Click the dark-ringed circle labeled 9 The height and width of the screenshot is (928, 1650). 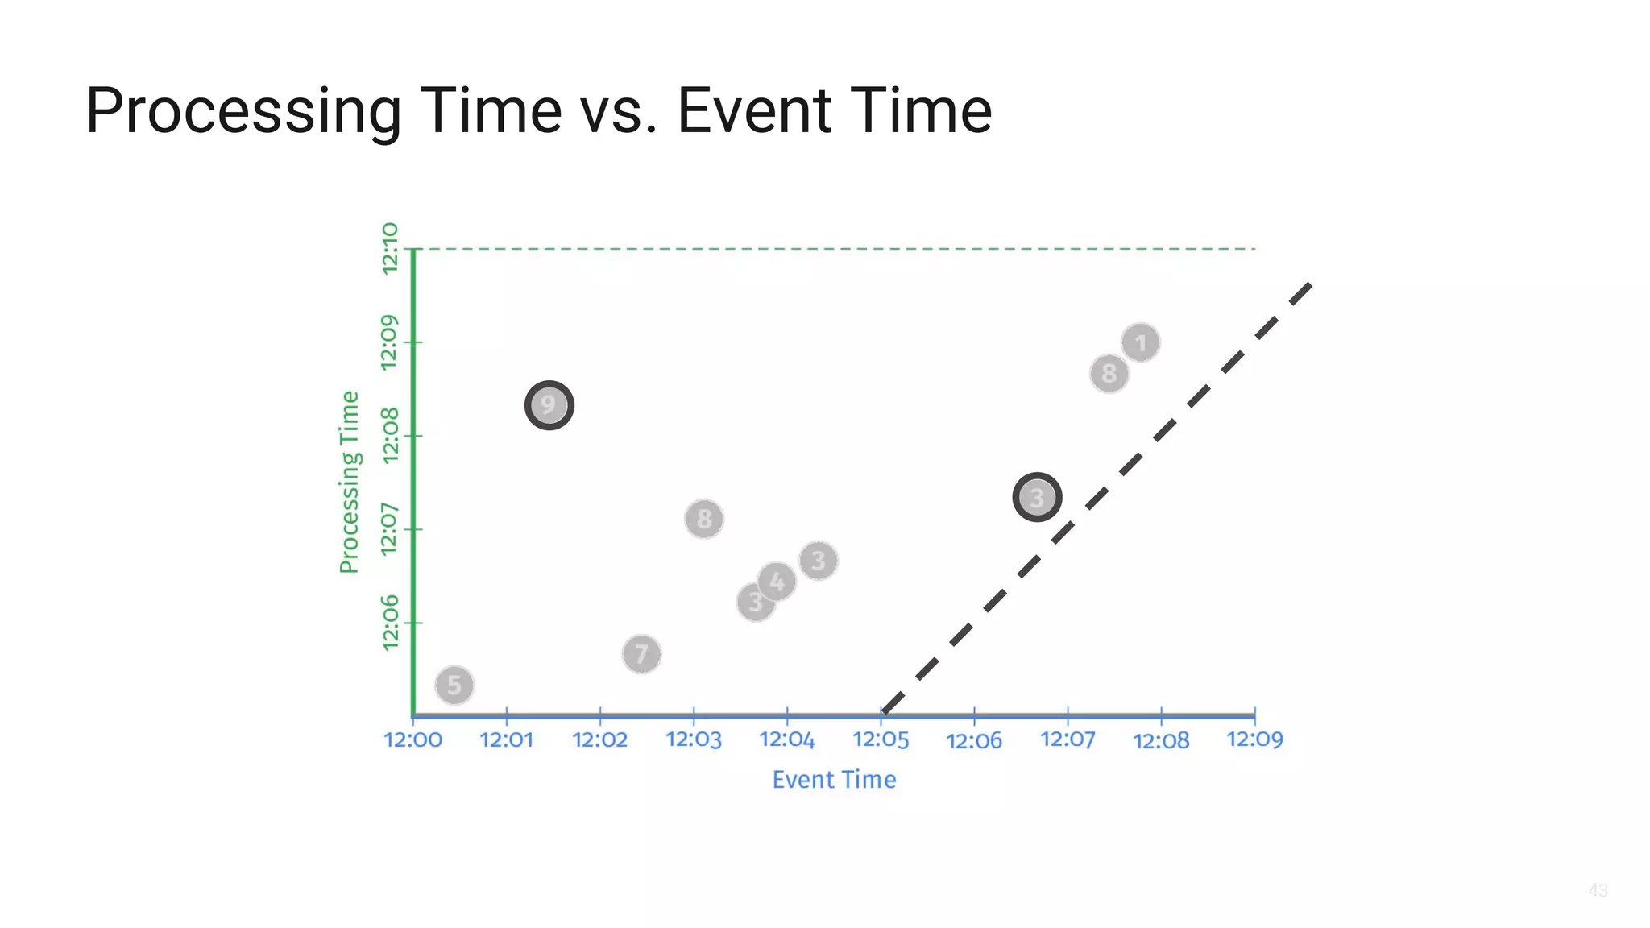pos(549,405)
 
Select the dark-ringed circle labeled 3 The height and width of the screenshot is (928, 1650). pos(1037,498)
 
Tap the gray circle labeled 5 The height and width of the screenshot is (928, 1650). pos(454,686)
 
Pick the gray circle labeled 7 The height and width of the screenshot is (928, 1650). pos(641,653)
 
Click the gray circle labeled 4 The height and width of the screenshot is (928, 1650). pos(777,581)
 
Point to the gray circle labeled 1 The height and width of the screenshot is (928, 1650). pos(1140,343)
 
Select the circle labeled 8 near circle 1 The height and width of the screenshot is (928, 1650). pos(1109,374)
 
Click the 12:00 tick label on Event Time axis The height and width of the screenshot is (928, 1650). pos(412,739)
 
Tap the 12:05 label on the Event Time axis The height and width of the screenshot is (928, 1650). pos(881,739)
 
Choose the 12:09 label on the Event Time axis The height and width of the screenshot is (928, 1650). pos(1254,739)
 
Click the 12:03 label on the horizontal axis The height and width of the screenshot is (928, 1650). pos(694,739)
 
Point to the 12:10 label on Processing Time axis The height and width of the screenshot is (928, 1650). pos(390,248)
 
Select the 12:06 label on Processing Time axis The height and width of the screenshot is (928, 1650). pos(390,623)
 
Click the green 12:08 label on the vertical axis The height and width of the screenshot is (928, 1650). pos(390,435)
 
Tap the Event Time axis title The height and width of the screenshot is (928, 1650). pos(834,780)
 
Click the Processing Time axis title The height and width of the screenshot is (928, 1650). pos(349,482)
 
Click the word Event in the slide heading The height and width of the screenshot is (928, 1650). pos(754,110)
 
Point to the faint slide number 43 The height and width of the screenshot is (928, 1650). pos(1598,890)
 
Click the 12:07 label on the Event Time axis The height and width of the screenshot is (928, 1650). pos(1068,739)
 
